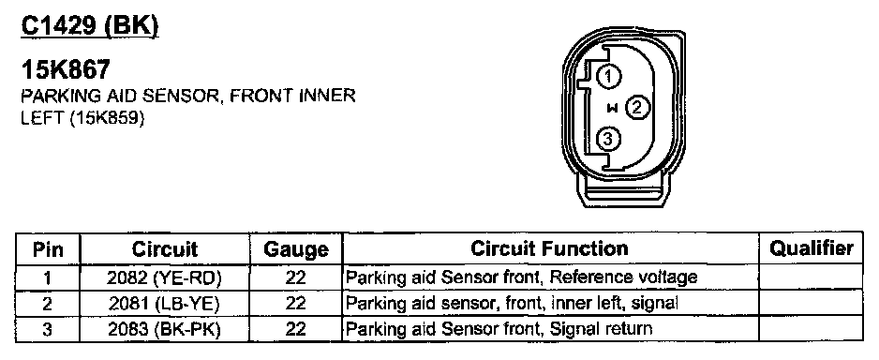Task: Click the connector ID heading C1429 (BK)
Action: [90, 26]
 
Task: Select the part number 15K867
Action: [66, 70]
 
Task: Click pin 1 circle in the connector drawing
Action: [608, 76]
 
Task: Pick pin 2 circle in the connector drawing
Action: [637, 107]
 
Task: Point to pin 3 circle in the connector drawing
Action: [608, 138]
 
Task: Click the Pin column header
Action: [48, 249]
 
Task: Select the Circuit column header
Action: [165, 249]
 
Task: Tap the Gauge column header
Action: [296, 249]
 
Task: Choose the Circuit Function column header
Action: [549, 248]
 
